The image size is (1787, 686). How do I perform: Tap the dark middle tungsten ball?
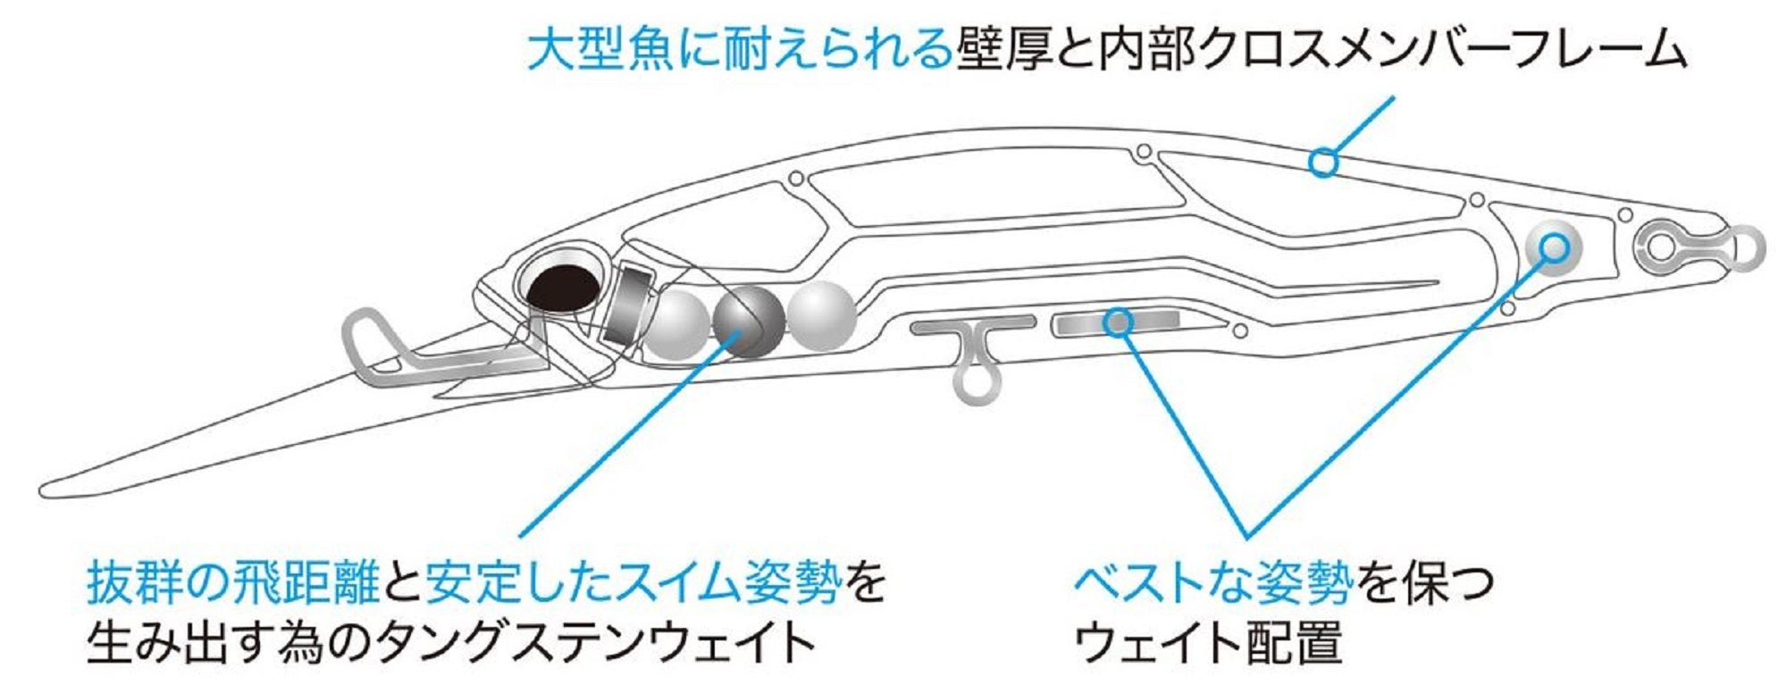749,321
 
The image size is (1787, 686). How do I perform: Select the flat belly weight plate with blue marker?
1117,322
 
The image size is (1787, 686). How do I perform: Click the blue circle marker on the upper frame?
1324,163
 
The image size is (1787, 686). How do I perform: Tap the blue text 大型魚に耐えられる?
738,48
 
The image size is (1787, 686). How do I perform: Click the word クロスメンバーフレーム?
1444,48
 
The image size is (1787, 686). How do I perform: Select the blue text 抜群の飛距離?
233,582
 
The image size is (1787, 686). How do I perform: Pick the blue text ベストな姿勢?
1213,582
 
